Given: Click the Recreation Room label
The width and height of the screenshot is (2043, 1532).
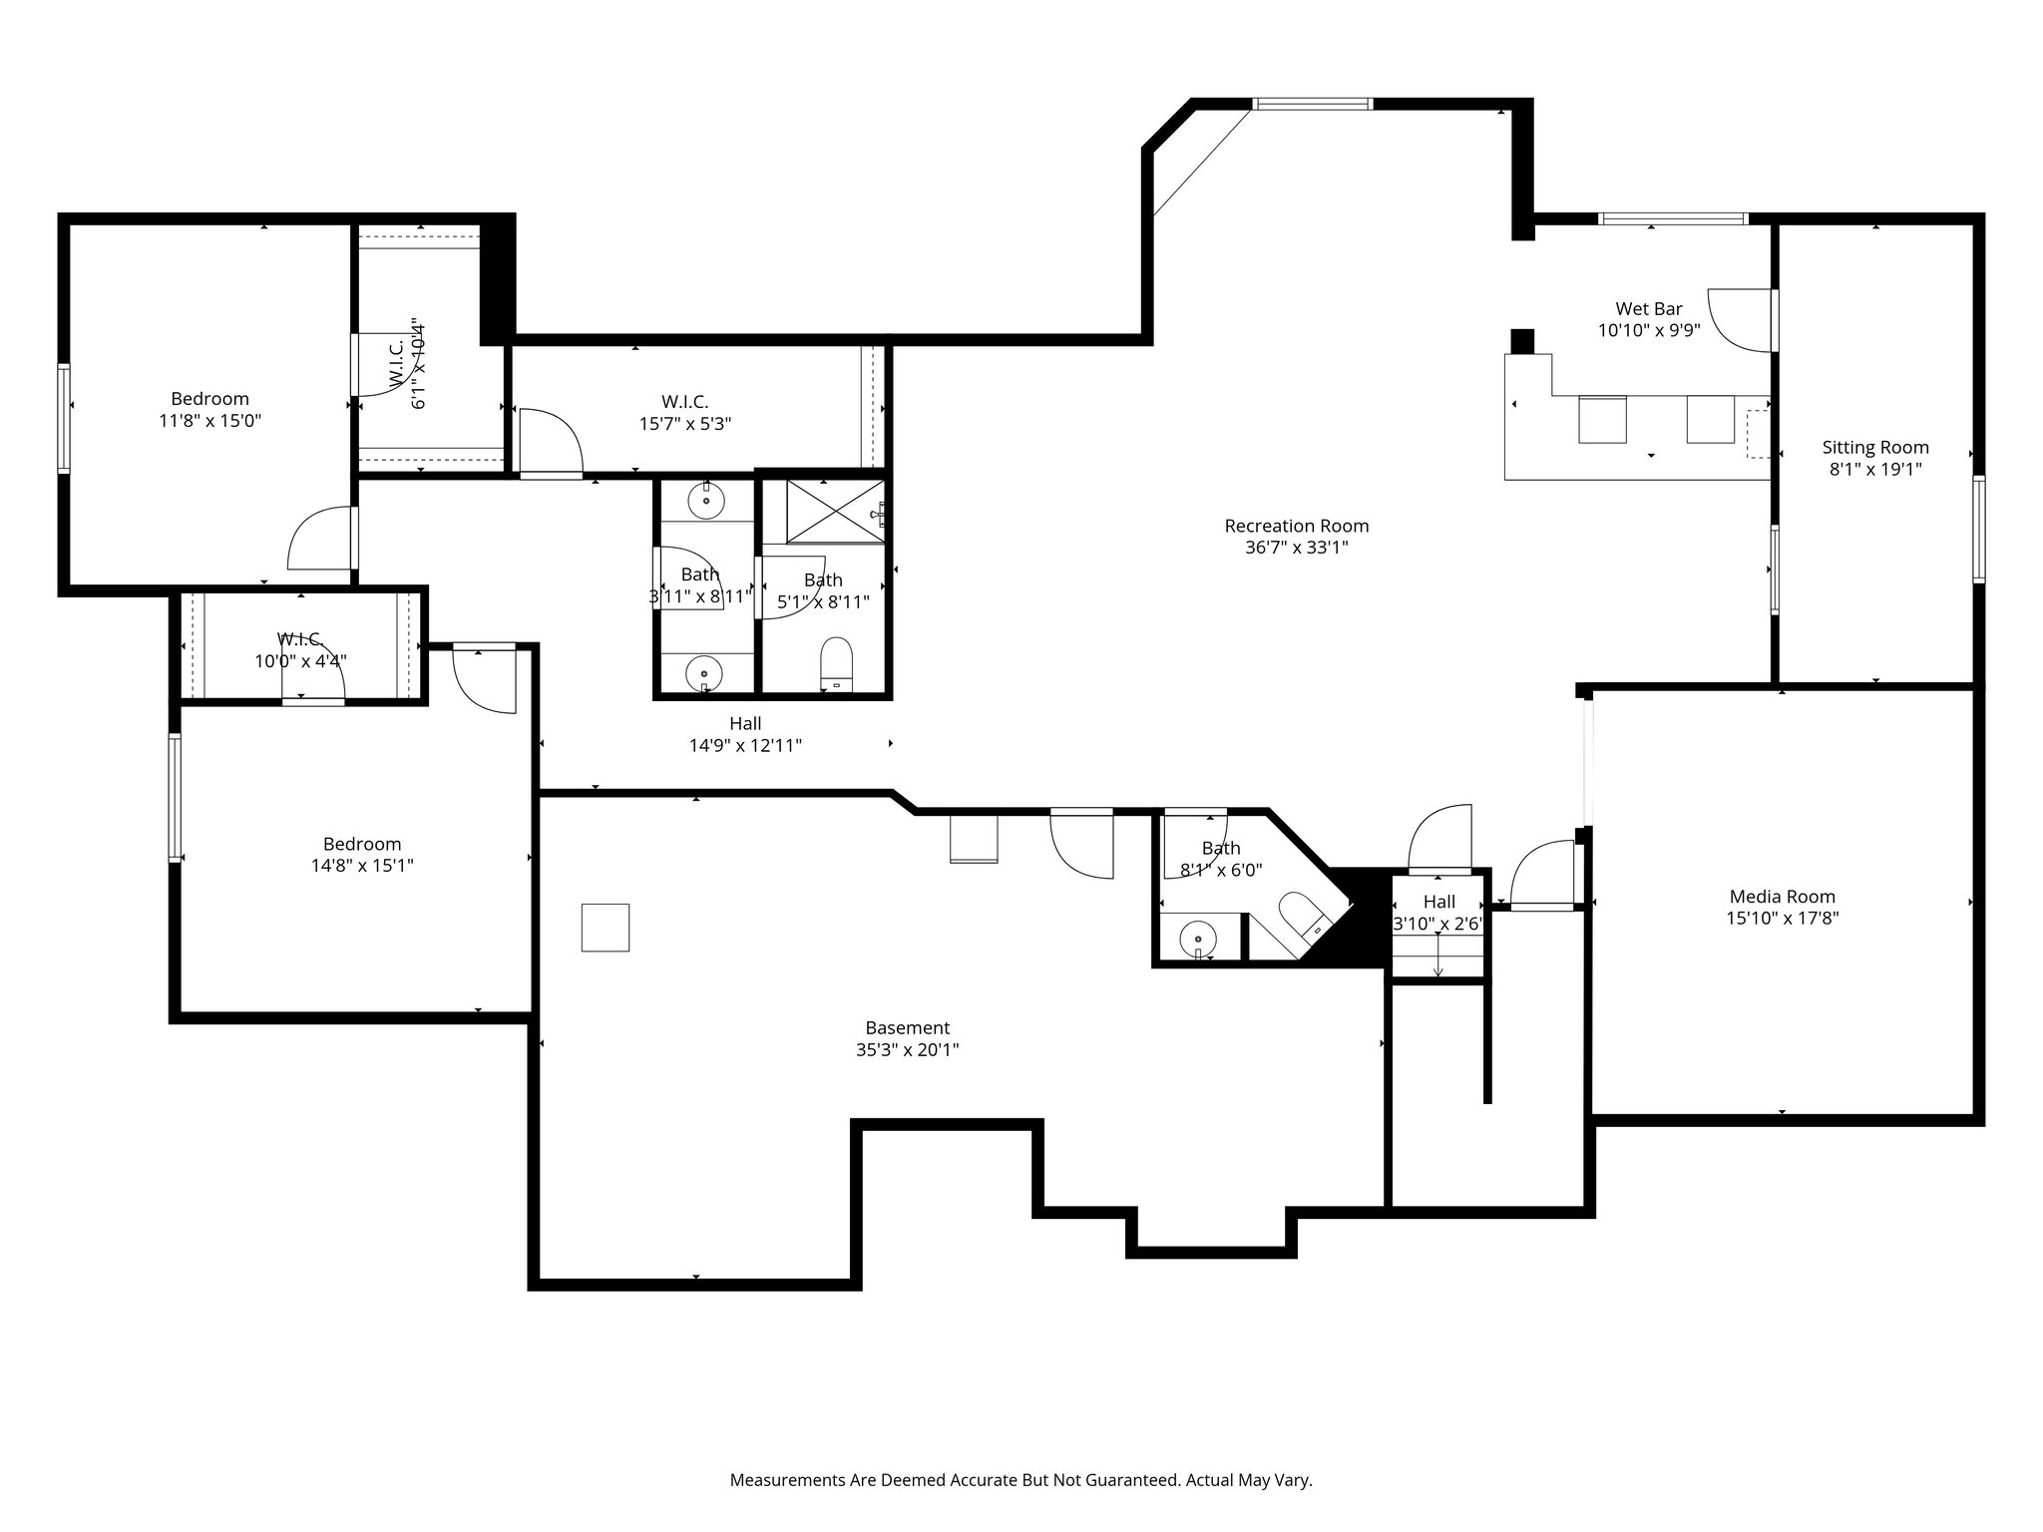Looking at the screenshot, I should [x=1296, y=526].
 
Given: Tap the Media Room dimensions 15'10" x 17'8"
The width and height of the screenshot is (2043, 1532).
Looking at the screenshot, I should [x=1782, y=919].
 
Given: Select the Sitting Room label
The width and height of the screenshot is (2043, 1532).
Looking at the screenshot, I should [x=1874, y=447].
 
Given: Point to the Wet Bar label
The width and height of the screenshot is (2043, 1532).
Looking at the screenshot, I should [x=1648, y=309].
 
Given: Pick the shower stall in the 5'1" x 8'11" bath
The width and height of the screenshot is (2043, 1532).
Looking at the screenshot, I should [x=834, y=511].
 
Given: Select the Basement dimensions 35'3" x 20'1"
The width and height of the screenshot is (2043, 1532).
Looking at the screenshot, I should [x=907, y=1049].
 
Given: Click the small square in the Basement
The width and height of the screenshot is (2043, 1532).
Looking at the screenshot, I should [x=606, y=927].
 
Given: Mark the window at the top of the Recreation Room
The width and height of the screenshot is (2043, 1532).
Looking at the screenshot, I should [x=1312, y=104].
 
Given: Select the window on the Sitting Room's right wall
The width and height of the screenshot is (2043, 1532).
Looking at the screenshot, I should [x=1977, y=529].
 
